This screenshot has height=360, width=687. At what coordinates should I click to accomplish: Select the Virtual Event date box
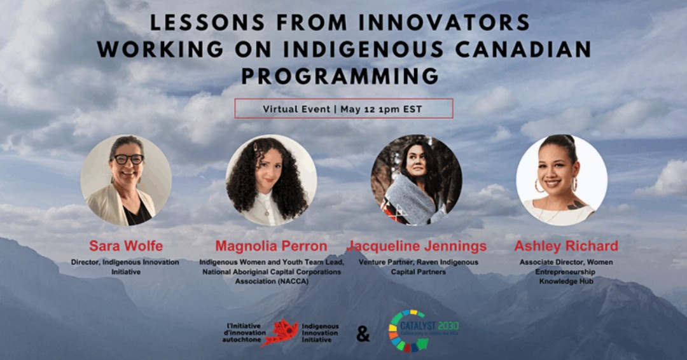coord(343,109)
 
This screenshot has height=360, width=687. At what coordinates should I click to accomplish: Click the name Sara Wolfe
coord(126,246)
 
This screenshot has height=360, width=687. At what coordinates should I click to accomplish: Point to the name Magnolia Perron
coord(271,246)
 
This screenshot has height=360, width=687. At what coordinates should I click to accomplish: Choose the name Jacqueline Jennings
coord(417,246)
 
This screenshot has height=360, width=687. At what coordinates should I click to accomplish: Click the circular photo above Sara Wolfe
coord(126,180)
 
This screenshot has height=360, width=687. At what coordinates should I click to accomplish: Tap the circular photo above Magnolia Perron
coord(271,180)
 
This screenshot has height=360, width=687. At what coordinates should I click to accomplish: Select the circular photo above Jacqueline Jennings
coord(417,180)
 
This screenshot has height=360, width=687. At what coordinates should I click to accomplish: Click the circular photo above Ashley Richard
coord(561,180)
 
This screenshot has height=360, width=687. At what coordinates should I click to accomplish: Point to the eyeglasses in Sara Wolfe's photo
coord(128,160)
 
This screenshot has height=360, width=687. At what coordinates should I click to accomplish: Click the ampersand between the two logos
coord(363,333)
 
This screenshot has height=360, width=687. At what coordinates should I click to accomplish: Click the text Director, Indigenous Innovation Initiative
coord(126,267)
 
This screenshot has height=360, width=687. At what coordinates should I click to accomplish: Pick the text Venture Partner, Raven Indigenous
coord(417,262)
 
